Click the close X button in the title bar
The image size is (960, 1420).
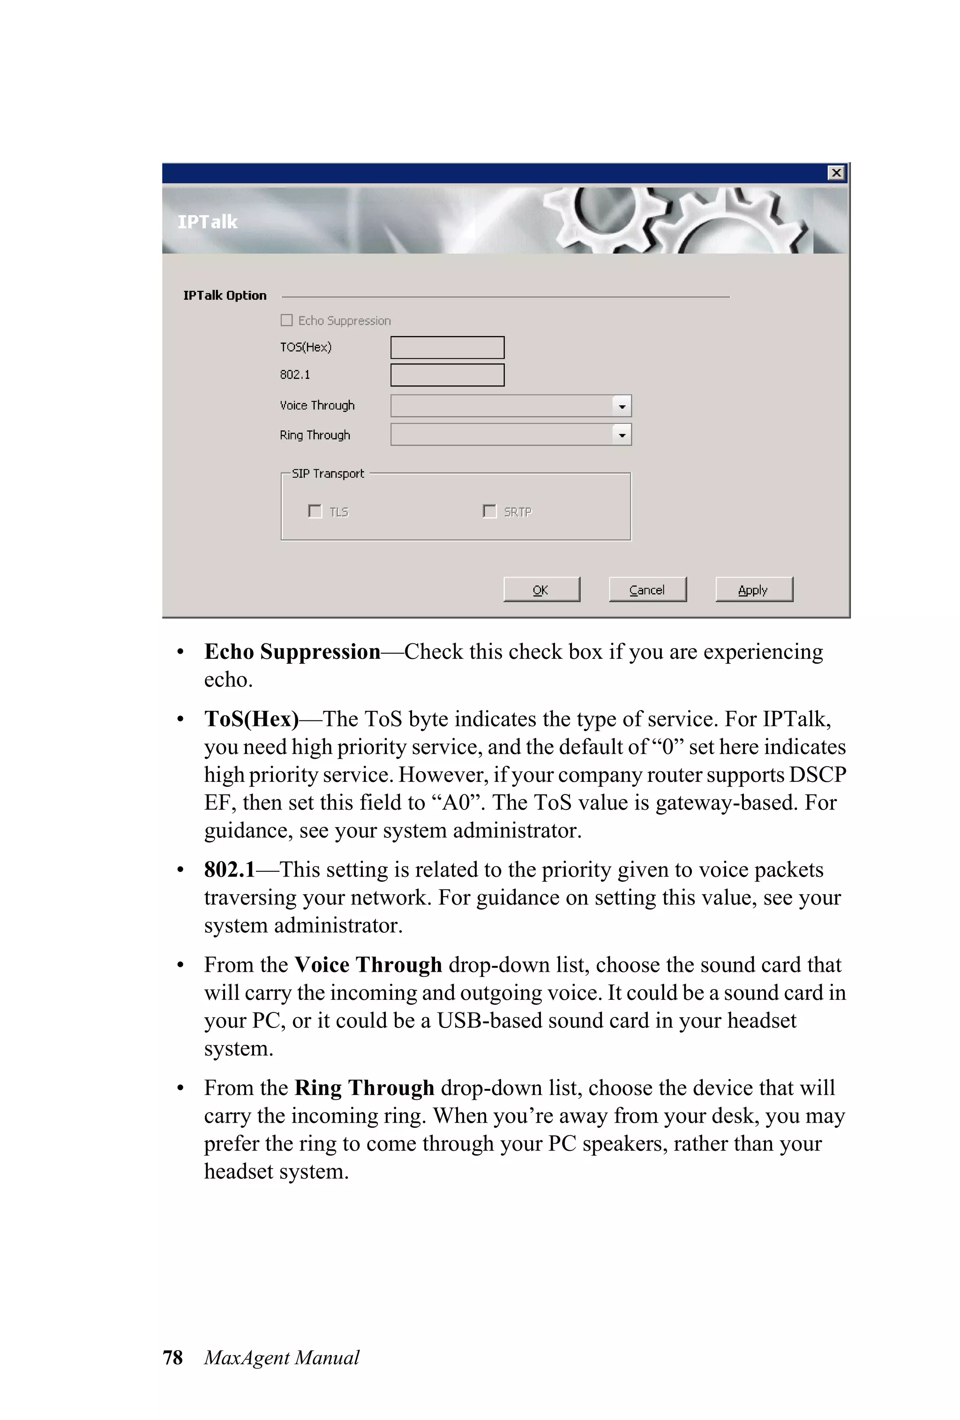pos(835,173)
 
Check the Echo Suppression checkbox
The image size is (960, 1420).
pos(286,320)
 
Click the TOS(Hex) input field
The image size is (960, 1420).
pos(447,347)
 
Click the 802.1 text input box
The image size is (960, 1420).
pos(447,375)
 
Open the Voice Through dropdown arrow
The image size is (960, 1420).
pos(621,406)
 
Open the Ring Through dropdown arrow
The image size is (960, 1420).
pos(621,435)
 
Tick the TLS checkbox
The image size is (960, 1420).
pos(315,511)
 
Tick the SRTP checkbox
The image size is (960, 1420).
pos(489,511)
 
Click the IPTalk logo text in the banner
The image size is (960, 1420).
pos(207,222)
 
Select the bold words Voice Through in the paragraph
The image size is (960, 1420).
pos(367,965)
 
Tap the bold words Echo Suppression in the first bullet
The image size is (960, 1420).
pos(292,652)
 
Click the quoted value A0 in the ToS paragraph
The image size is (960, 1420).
pos(455,803)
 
